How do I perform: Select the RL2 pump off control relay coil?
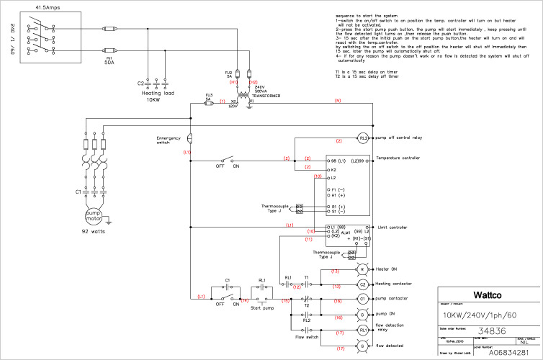click(364, 137)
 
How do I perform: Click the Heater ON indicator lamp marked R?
click(364, 269)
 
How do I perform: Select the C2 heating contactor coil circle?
click(364, 284)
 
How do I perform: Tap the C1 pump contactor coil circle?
click(364, 298)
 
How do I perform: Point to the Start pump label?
click(263, 308)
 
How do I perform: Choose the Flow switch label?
click(308, 336)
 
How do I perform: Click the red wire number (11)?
click(308, 238)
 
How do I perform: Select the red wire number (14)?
click(245, 300)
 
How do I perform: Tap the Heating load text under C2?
click(157, 93)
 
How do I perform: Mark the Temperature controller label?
click(398, 158)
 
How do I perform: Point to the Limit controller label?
click(392, 227)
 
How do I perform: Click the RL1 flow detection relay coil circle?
click(364, 328)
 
